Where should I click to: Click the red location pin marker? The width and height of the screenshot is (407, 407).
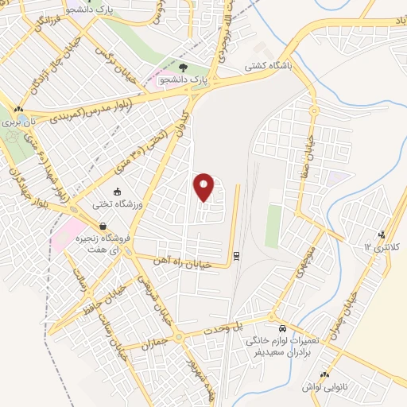click(x=204, y=187)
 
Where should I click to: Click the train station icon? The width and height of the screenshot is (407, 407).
click(x=236, y=255)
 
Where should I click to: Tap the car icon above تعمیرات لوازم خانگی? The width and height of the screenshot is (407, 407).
click(x=282, y=328)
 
